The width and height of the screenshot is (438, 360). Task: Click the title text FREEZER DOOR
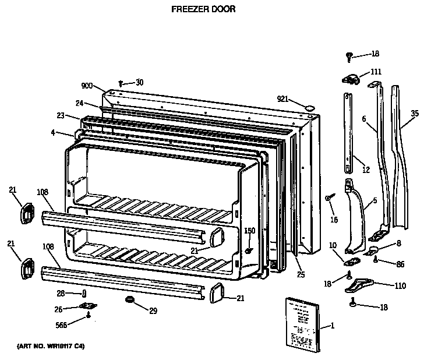tap(203, 9)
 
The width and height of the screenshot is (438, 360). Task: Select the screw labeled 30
tap(121, 83)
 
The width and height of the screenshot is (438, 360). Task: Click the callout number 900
tap(87, 86)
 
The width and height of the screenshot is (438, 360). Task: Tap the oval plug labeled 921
tap(309, 107)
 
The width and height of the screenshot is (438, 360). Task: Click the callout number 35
tap(415, 114)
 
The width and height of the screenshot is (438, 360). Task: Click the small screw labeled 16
tap(330, 199)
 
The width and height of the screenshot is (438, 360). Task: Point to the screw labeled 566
tap(87, 316)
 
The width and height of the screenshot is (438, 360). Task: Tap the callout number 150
tap(249, 231)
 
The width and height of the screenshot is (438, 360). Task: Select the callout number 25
tap(300, 274)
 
